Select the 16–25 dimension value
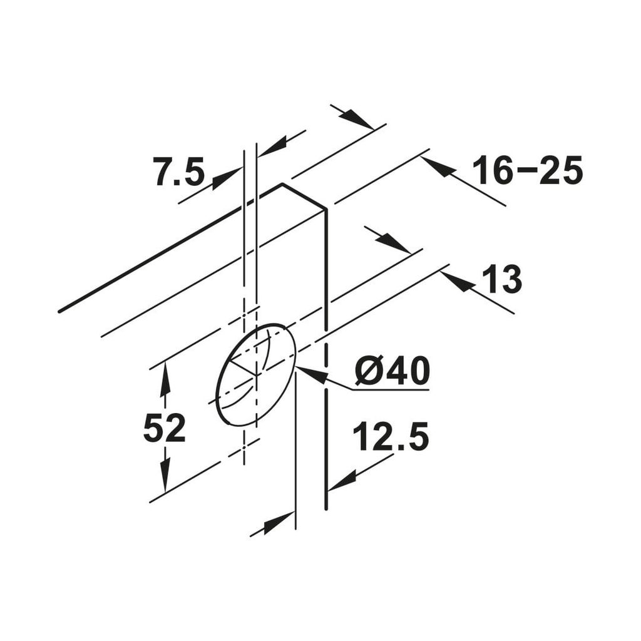527,170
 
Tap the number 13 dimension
502,280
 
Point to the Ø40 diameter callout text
392,372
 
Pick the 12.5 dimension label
391,437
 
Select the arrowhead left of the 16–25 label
438,167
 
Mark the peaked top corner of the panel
282,184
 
